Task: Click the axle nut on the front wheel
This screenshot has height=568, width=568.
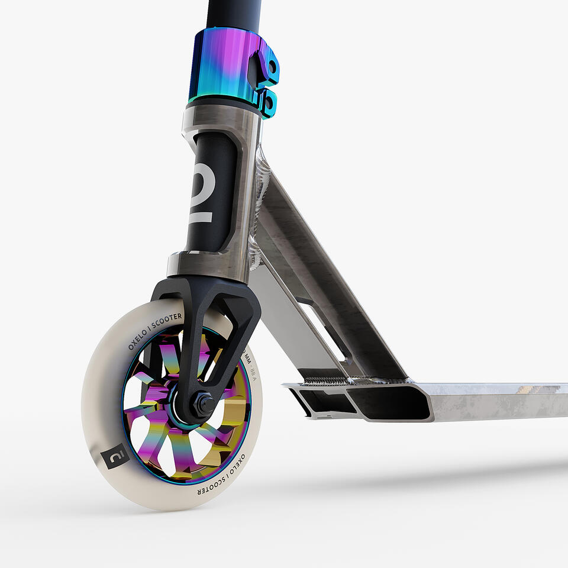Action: pyautogui.click(x=205, y=405)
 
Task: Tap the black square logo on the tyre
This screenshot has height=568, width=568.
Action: pyautogui.click(x=115, y=456)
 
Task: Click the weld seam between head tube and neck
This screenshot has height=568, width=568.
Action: pyautogui.click(x=257, y=207)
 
